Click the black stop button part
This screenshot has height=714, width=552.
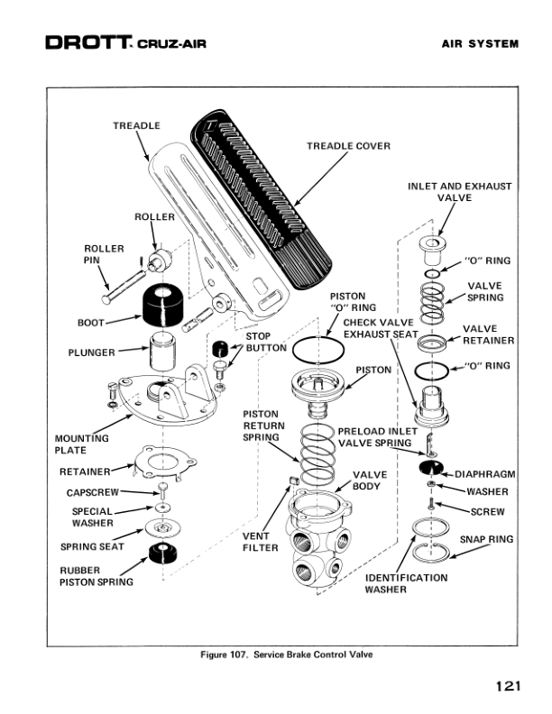[220, 349]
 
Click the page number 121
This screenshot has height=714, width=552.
[508, 686]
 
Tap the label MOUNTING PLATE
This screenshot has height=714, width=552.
[82, 444]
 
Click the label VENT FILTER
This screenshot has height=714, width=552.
[260, 542]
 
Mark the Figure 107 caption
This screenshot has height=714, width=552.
[285, 655]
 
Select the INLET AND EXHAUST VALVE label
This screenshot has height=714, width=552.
[459, 192]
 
